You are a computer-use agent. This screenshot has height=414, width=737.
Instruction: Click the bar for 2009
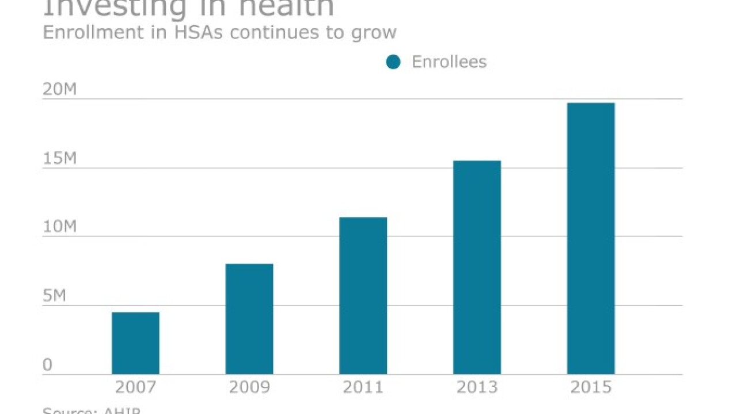(249, 319)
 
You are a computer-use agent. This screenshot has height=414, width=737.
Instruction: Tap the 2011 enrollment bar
(363, 296)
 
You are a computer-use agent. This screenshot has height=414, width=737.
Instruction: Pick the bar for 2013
(477, 267)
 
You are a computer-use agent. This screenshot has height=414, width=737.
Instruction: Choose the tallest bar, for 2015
(591, 238)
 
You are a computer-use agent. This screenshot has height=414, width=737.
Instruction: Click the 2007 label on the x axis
(135, 388)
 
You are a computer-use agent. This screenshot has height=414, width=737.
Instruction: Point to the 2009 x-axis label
(249, 388)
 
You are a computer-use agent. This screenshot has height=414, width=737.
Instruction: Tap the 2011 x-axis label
(363, 388)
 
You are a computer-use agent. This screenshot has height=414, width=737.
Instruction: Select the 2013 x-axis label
(477, 388)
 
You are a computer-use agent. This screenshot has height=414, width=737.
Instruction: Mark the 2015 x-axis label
(591, 388)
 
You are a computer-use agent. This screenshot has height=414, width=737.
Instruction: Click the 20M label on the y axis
(60, 90)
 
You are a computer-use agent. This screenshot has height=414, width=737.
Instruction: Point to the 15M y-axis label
(60, 159)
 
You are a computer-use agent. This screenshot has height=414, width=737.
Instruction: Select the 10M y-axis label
(60, 227)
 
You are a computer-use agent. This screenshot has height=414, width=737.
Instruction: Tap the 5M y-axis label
(55, 296)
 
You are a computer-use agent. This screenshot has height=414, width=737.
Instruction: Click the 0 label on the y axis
(47, 365)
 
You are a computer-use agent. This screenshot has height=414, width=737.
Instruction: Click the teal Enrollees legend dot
(393, 62)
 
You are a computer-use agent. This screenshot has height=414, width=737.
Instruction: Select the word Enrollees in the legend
(449, 62)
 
